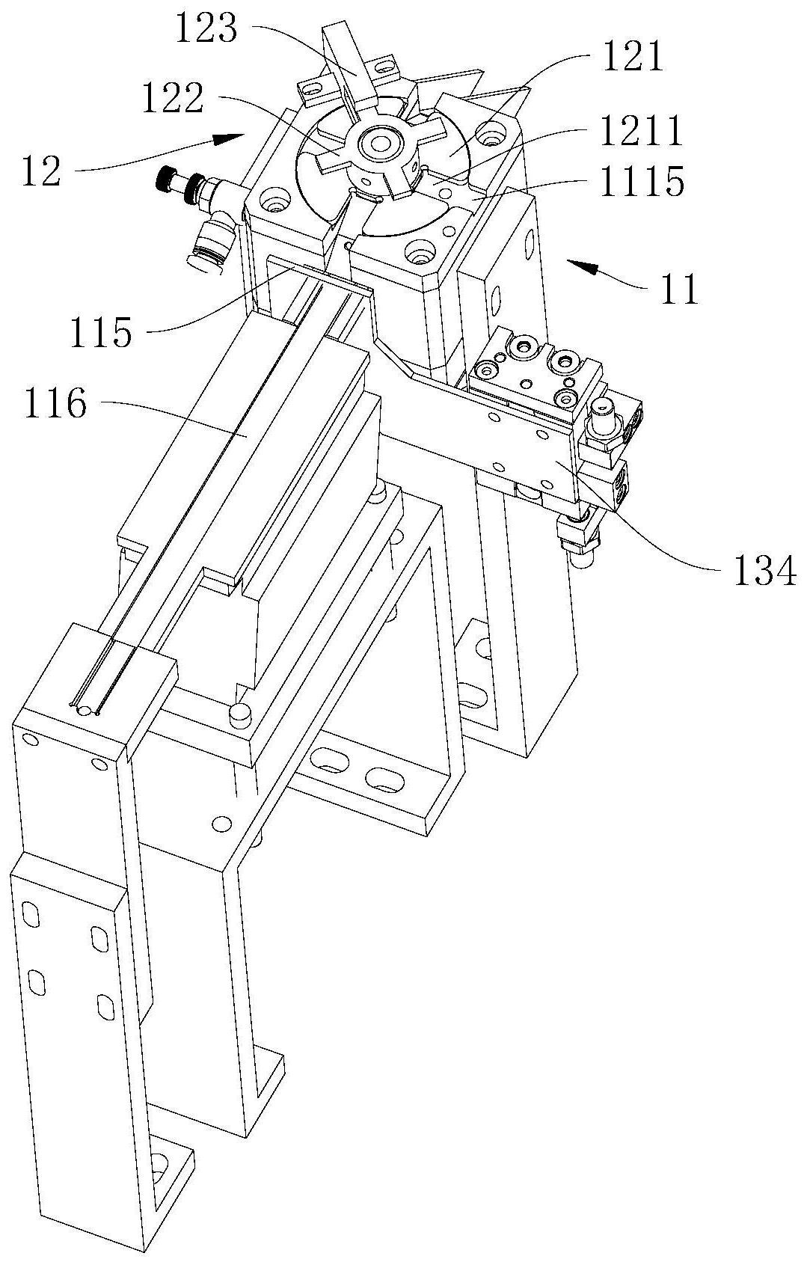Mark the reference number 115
coord(100,332)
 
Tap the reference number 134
coord(765,572)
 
